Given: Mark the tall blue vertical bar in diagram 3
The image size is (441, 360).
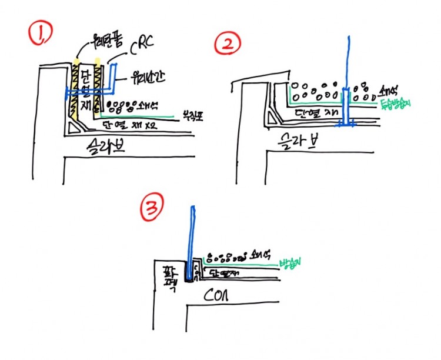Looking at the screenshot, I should point(192,235).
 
